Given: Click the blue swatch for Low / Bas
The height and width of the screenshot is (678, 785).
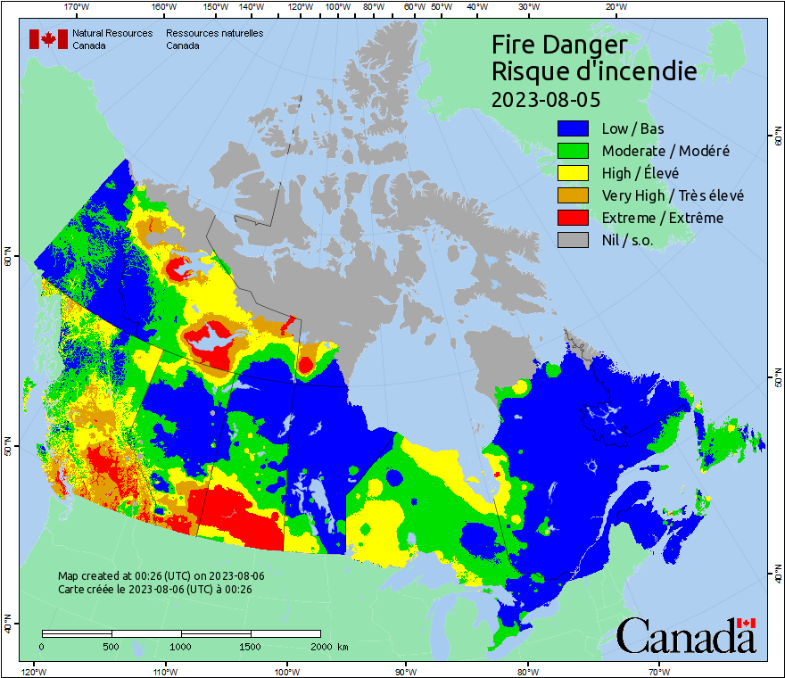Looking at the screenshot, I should (574, 128).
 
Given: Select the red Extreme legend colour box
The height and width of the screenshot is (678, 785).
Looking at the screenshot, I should (574, 218).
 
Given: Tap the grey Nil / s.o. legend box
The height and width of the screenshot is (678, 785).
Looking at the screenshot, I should (574, 240).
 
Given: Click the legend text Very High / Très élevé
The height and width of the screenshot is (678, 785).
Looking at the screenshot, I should (673, 195).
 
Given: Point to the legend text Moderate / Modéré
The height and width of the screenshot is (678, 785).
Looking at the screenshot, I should (665, 151).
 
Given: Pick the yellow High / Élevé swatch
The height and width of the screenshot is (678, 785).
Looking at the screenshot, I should (574, 173).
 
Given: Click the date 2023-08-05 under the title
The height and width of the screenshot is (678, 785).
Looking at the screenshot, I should (544, 99).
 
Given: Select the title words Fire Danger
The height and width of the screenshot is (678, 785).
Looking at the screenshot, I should (559, 45).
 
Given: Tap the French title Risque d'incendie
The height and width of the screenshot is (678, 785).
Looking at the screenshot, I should (594, 71).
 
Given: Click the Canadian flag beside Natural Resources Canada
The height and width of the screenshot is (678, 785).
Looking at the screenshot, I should (48, 39).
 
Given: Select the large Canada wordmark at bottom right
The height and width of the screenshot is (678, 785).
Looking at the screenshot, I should (686, 635).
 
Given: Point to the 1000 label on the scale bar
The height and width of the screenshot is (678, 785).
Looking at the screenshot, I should (181, 646).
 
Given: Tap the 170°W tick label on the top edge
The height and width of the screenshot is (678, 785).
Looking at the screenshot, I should (78, 6).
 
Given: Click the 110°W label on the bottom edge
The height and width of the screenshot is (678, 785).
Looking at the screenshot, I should (164, 671).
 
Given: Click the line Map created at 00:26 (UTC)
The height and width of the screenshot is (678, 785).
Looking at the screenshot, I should (161, 576).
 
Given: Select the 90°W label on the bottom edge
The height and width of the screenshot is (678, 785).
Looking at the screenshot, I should (406, 671).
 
